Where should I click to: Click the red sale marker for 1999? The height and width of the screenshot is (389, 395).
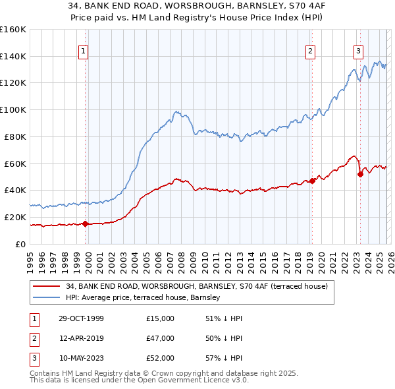(86, 224)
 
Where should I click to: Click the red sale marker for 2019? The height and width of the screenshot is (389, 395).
(312, 181)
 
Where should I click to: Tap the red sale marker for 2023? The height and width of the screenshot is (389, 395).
(360, 174)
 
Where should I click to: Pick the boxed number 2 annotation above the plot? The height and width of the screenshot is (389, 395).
(311, 51)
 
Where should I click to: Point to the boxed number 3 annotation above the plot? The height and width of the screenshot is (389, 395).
(358, 51)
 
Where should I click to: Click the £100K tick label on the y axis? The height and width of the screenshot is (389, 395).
(13, 109)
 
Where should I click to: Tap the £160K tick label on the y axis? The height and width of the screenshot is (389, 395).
(13, 30)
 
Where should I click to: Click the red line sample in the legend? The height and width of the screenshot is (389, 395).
(47, 286)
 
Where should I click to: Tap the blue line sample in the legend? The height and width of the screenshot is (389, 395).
(47, 298)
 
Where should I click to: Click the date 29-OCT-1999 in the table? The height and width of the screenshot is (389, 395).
(81, 318)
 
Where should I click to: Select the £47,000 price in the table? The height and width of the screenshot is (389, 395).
(160, 338)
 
